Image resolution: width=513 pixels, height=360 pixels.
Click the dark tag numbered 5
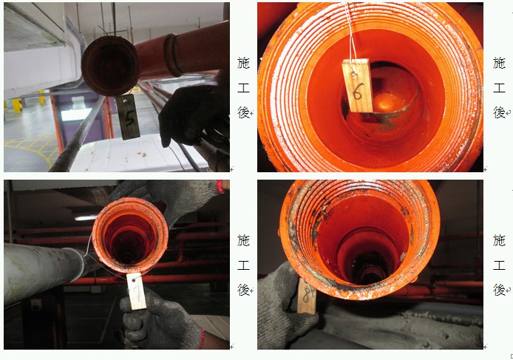click(129, 117)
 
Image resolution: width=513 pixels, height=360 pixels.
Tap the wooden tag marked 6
click(358, 86)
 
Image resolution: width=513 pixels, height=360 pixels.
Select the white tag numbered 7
click(136, 291)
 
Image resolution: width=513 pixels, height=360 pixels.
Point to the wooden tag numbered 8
click(307, 296)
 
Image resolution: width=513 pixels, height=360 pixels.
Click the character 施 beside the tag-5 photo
click(243, 63)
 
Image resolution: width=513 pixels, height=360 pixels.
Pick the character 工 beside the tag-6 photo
click(499, 88)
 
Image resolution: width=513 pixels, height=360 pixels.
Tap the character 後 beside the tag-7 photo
click(243, 290)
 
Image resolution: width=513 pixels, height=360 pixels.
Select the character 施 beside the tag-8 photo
click(499, 240)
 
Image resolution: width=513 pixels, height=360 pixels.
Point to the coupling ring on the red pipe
click(173, 55)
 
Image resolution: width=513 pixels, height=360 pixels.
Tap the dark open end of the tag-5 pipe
click(110, 66)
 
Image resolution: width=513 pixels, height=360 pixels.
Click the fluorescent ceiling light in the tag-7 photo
click(86, 217)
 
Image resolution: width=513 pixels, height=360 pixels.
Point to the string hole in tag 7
click(134, 280)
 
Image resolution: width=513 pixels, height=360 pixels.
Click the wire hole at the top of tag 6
click(353, 75)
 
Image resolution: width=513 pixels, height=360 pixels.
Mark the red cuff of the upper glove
click(221, 186)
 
